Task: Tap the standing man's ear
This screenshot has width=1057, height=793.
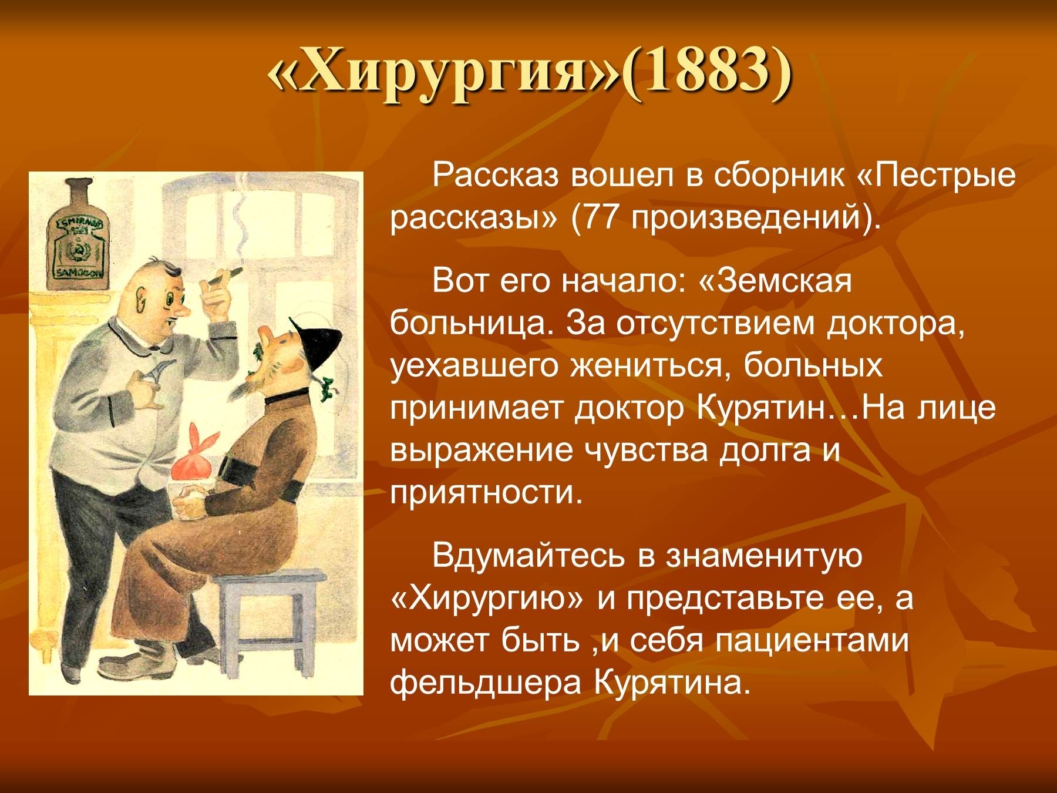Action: tap(140, 301)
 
